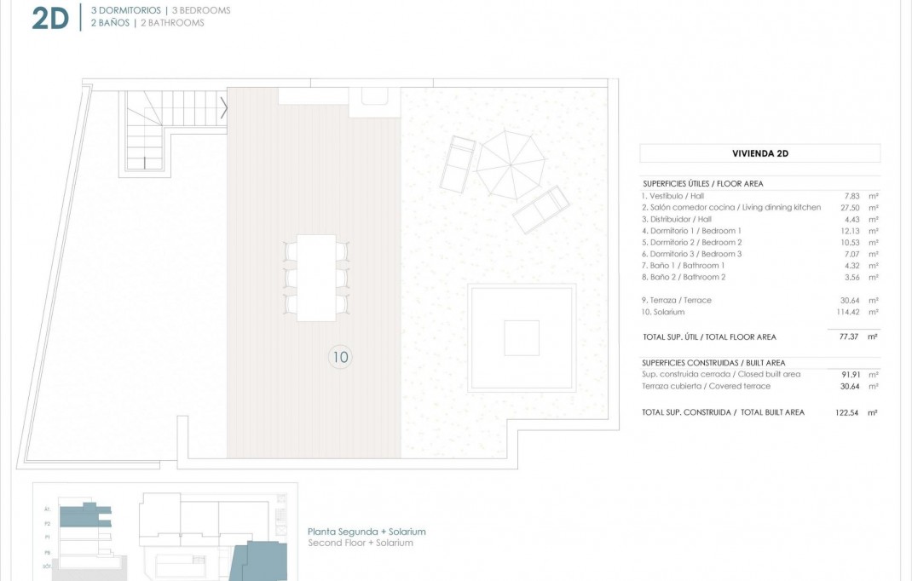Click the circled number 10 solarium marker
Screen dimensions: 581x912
pyautogui.click(x=340, y=357)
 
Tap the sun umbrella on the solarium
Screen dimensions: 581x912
pyautogui.click(x=510, y=163)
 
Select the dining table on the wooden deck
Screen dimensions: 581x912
pyautogui.click(x=316, y=278)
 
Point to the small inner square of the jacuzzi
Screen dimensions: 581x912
pyautogui.click(x=521, y=337)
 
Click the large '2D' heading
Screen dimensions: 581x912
pyautogui.click(x=50, y=18)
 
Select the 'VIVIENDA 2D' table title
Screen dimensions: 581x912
pyautogui.click(x=759, y=154)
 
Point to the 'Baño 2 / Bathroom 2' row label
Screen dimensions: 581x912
pyautogui.click(x=684, y=277)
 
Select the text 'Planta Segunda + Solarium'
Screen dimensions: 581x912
pyautogui.click(x=367, y=532)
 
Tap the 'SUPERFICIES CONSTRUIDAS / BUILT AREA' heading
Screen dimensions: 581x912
pyautogui.click(x=713, y=363)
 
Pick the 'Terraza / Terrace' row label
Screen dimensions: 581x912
pyautogui.click(x=677, y=300)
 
